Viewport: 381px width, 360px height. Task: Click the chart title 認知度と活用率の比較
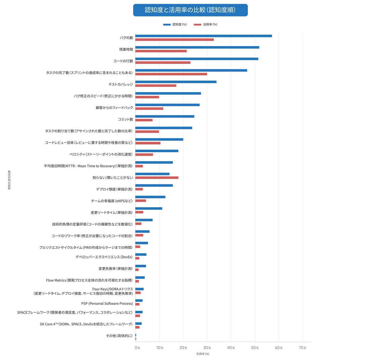190,10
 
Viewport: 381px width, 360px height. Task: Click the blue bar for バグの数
204,36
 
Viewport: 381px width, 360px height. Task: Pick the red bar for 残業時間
161,51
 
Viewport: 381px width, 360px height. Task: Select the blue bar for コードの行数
197,59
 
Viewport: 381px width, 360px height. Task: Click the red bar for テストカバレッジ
156,85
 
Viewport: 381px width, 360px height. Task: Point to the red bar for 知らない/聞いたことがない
157,178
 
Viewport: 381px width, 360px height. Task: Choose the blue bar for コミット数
165,116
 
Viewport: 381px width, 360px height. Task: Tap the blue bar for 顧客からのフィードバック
167,105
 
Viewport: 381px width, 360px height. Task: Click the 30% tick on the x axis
207,348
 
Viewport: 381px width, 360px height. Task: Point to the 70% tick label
302,348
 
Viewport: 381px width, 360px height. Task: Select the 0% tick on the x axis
137,348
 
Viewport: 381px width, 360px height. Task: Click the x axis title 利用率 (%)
203,354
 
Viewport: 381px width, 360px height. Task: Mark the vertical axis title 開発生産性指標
9,180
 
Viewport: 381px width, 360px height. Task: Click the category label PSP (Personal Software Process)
107,303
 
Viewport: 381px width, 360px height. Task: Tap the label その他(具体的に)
119,336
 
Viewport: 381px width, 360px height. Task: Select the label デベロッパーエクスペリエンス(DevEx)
104,257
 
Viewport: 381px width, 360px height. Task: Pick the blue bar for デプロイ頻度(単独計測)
154,185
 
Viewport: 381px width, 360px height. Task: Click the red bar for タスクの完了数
171,74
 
